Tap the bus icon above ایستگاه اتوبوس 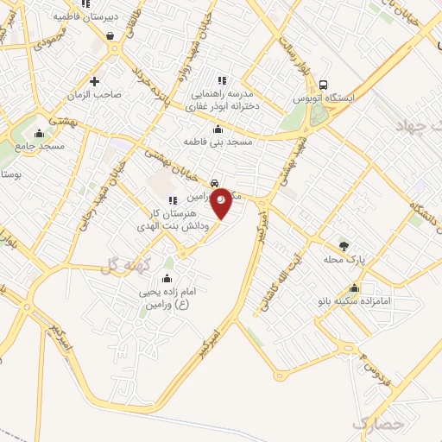point(323,85)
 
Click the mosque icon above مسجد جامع point(39,134)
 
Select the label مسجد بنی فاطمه point(218,142)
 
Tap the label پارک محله point(351,258)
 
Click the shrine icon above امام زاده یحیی point(167,278)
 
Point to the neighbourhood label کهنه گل point(120,265)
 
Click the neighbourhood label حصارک point(378,425)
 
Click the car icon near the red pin point(213,184)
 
